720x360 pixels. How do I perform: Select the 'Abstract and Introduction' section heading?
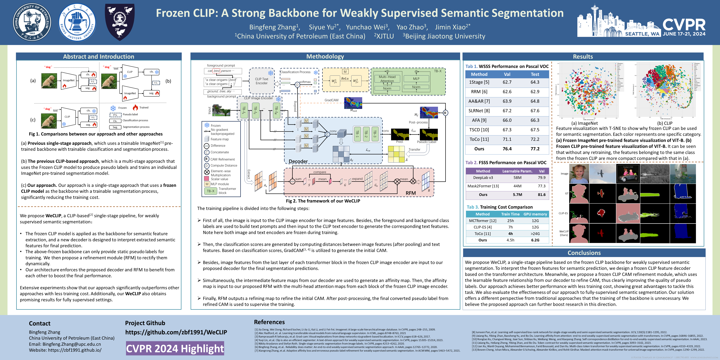click(98, 56)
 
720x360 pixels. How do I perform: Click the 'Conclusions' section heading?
click(584, 253)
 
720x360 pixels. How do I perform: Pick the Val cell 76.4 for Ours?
click(507, 149)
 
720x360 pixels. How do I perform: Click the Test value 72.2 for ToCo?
click(535, 139)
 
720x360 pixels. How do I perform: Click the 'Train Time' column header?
click(510, 214)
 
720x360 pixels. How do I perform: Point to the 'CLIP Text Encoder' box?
click(261, 81)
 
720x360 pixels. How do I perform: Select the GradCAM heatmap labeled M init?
click(353, 103)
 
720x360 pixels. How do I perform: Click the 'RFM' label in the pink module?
click(411, 193)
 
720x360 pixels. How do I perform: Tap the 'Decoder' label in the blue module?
click(298, 161)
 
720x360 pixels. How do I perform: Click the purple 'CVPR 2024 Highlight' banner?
click(175, 348)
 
